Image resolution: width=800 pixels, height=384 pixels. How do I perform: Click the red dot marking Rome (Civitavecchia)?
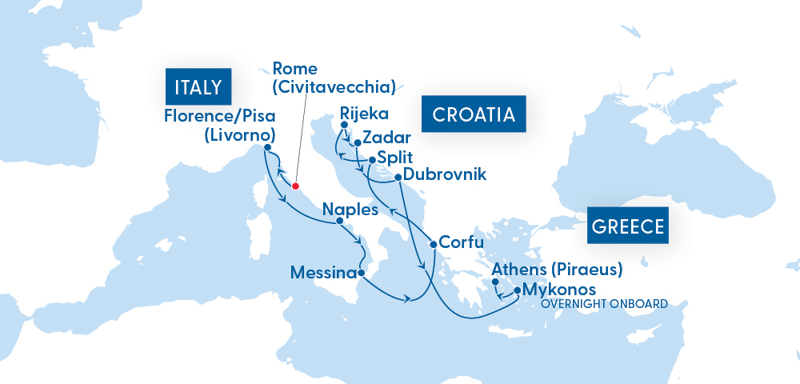[x=295, y=186]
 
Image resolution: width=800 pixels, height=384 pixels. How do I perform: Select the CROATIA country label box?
[x=473, y=115]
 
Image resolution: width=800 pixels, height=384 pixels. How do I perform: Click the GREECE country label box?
[x=628, y=226]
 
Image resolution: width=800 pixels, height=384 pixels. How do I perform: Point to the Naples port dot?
[x=339, y=221]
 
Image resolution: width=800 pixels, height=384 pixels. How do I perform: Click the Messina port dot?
[x=362, y=274]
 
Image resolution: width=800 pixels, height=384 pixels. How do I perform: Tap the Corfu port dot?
[x=433, y=243]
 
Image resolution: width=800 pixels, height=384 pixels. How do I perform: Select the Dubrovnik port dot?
[x=398, y=176]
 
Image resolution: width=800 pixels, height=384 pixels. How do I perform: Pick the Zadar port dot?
[x=357, y=144]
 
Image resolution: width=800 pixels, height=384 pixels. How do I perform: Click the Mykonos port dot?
[x=517, y=290]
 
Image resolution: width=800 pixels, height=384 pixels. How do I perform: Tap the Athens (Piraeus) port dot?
[x=495, y=282]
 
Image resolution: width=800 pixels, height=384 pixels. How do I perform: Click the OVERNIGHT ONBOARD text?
[x=604, y=304]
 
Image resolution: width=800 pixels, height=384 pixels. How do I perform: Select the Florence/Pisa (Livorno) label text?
[x=221, y=124]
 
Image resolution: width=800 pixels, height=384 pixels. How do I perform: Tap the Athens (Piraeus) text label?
[x=557, y=269]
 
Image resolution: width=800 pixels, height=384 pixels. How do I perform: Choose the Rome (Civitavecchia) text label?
[x=334, y=78]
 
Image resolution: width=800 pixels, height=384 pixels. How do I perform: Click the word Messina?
[x=323, y=274]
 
